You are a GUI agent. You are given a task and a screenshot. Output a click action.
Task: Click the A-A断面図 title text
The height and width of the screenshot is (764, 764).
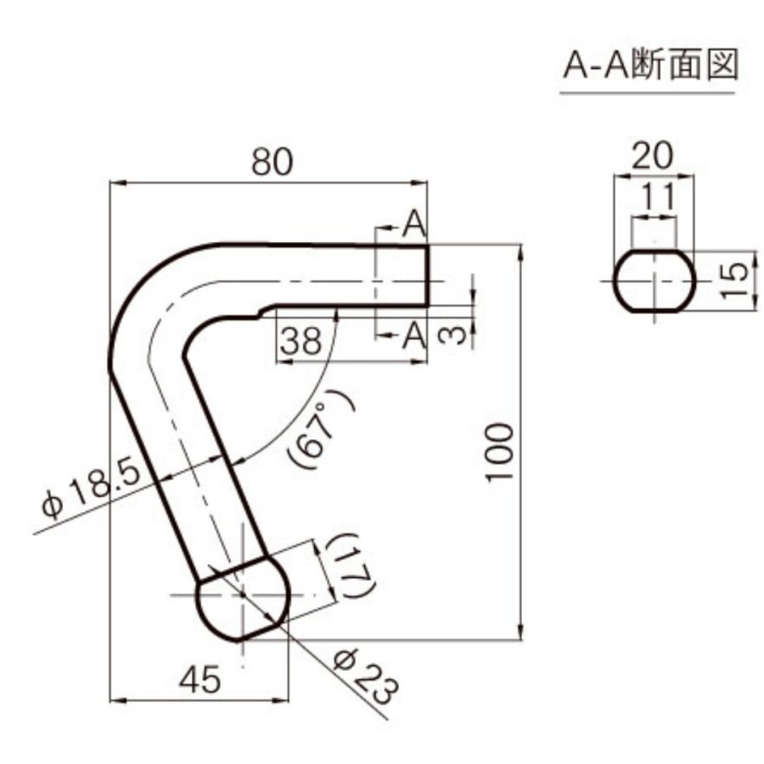(x=650, y=64)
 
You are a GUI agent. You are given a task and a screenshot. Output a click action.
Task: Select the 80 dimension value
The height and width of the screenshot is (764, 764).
(x=272, y=162)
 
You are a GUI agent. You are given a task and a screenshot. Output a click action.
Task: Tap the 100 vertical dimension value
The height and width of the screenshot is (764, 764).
(x=500, y=452)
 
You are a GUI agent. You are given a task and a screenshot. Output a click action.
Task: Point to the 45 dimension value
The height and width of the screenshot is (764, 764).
(x=199, y=679)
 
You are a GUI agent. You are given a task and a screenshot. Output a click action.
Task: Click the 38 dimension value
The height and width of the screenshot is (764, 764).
(x=301, y=340)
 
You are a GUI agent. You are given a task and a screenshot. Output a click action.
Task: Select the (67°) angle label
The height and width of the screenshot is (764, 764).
(x=322, y=429)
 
